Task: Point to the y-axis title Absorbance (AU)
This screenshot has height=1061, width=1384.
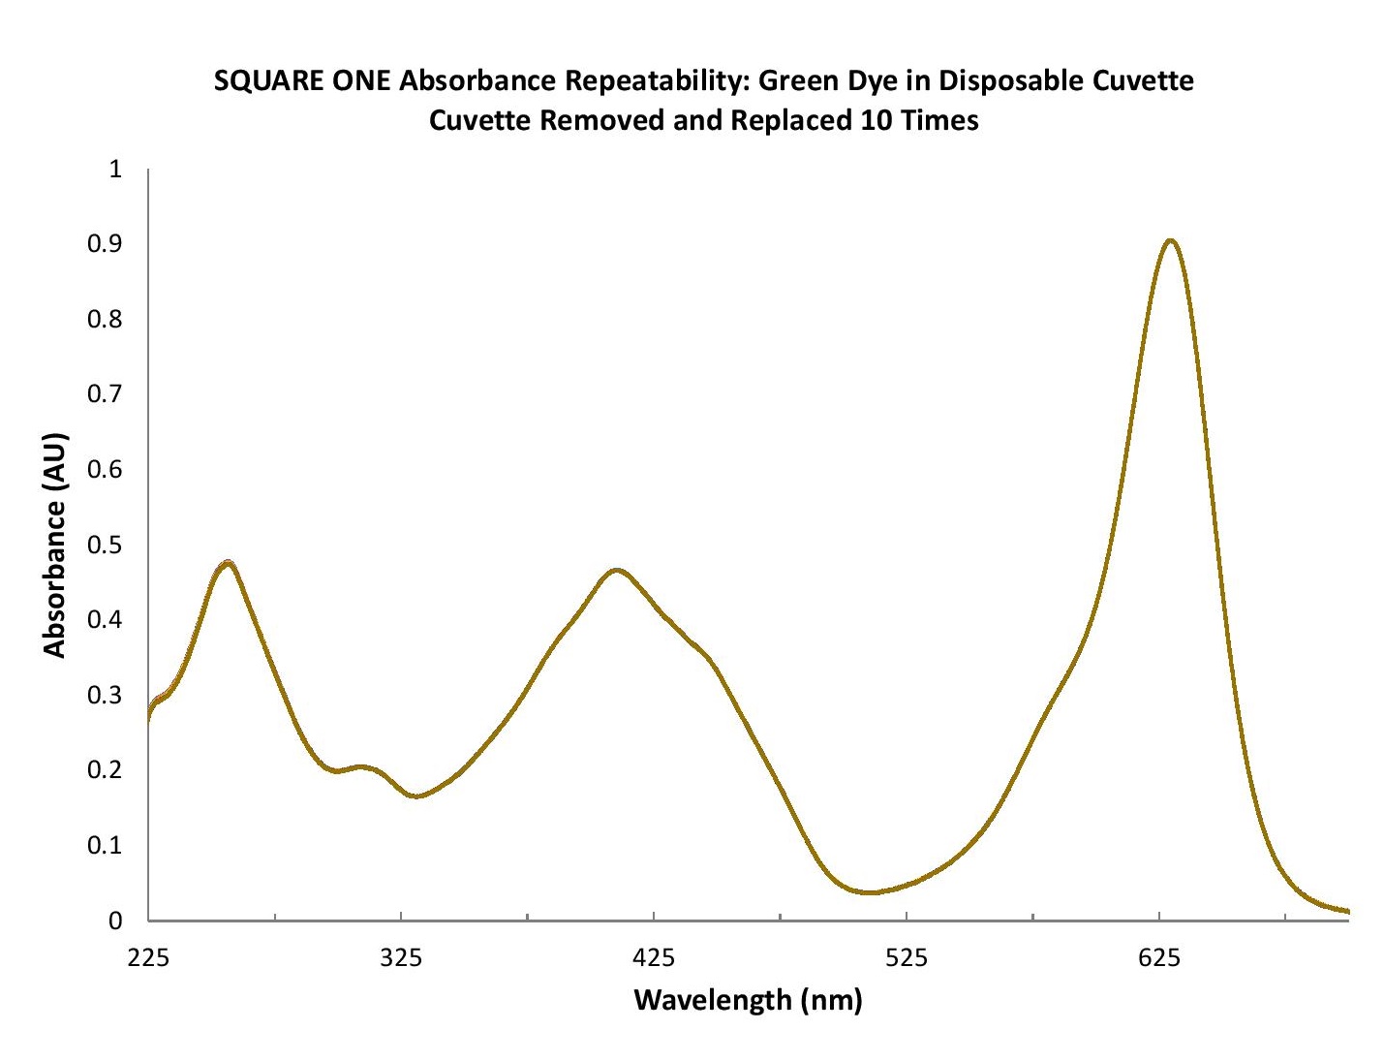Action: click(x=55, y=546)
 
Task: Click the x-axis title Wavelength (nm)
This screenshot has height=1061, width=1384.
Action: click(x=748, y=999)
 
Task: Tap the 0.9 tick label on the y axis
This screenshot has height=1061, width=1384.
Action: click(x=105, y=244)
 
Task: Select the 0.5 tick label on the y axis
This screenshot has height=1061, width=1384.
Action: click(x=105, y=545)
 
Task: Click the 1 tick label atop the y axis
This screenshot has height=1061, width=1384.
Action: click(x=116, y=170)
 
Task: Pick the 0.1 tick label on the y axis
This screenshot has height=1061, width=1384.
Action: click(x=105, y=845)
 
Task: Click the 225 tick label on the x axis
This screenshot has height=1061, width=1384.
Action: click(x=148, y=958)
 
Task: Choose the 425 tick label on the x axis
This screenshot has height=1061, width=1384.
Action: click(x=654, y=958)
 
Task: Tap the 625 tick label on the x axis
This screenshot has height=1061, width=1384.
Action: click(x=1159, y=958)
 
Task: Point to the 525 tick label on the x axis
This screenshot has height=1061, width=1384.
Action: click(x=907, y=958)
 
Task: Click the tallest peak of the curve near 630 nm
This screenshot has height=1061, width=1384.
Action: click(x=1171, y=240)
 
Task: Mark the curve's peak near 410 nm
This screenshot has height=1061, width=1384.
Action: click(x=617, y=570)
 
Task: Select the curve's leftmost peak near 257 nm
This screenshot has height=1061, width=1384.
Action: click(x=228, y=563)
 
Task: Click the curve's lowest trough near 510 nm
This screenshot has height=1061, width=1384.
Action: click(x=872, y=891)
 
